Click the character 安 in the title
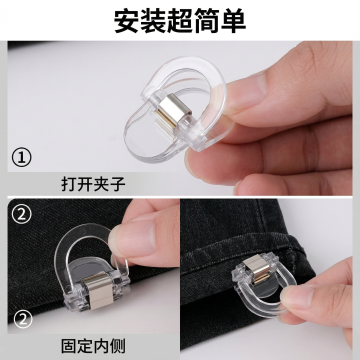(127, 21)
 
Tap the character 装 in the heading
(153, 21)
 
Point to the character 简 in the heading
(207, 21)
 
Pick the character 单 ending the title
(233, 21)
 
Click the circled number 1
(22, 158)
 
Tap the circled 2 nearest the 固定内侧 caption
(22, 320)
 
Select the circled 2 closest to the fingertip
(22, 214)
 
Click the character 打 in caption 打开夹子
(69, 184)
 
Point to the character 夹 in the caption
(101, 184)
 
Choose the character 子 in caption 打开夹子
(117, 184)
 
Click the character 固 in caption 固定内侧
(69, 346)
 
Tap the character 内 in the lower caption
(101, 346)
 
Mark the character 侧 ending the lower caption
(117, 346)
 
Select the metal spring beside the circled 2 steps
(98, 289)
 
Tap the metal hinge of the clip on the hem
(257, 270)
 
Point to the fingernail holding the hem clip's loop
(294, 296)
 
